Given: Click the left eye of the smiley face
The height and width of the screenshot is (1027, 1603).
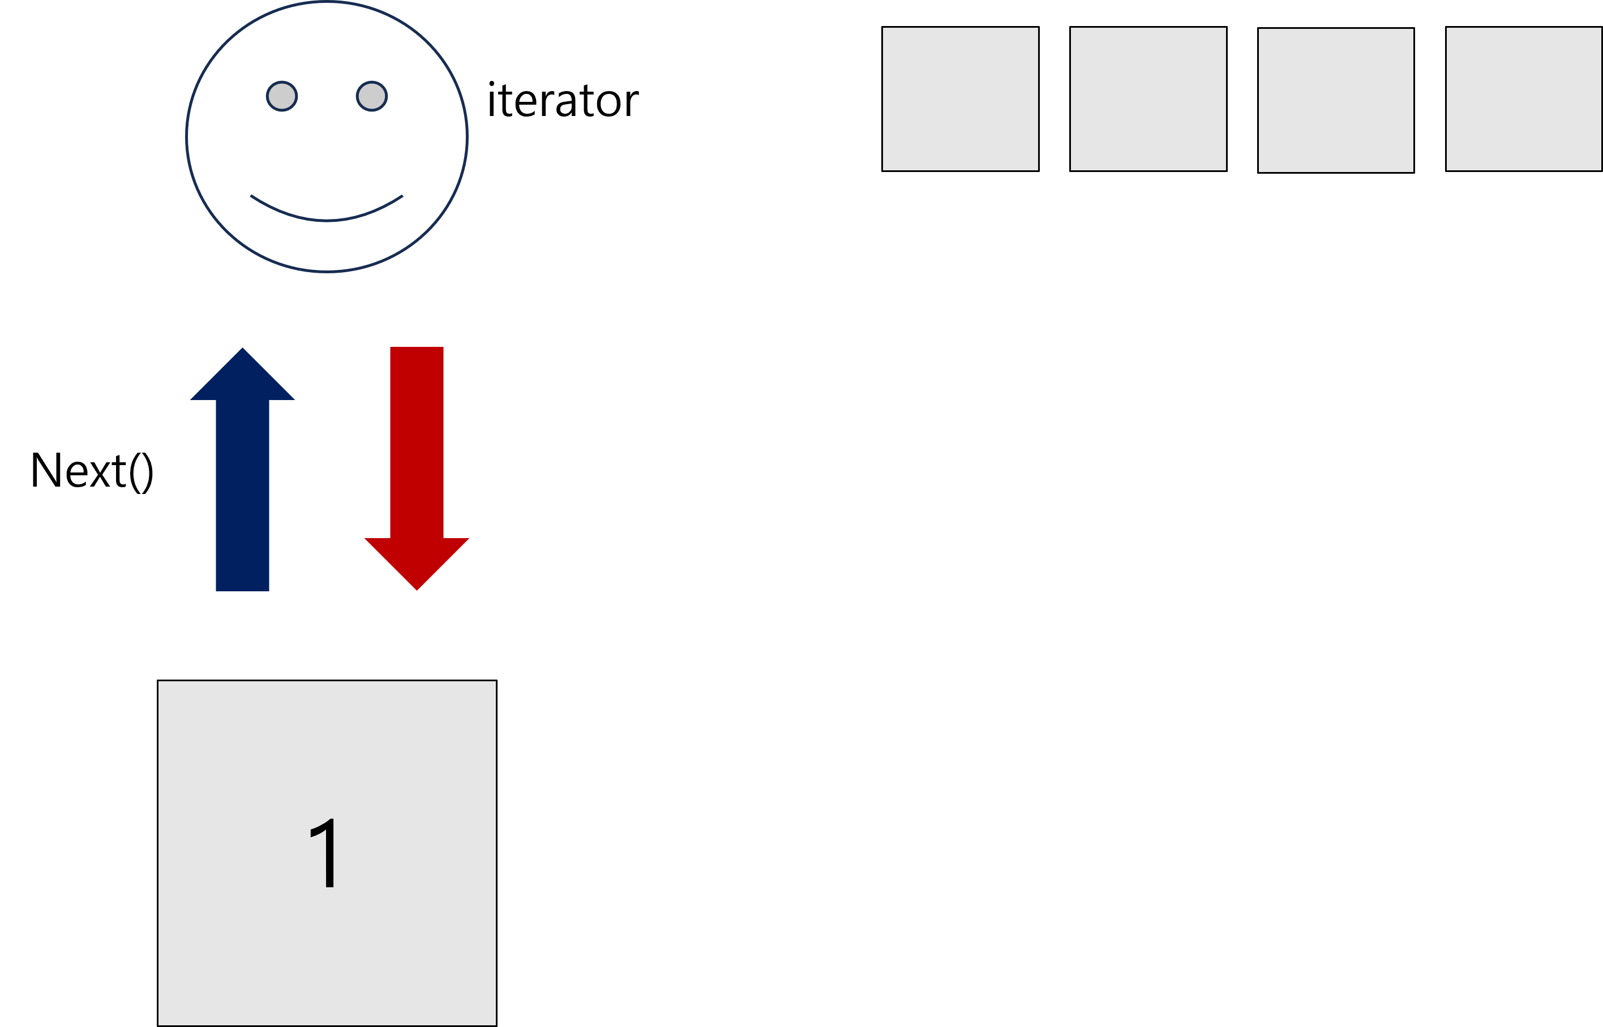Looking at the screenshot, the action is (x=281, y=97).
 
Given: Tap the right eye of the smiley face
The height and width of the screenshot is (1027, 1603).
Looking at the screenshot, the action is (x=371, y=96).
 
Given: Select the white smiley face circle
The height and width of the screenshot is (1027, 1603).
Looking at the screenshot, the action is (x=326, y=153).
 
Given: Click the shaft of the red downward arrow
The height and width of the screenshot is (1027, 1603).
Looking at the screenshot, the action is (x=417, y=440).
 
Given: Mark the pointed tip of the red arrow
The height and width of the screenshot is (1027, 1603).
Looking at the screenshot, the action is (x=417, y=591).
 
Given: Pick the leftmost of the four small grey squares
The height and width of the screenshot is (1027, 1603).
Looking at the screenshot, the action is (x=960, y=98).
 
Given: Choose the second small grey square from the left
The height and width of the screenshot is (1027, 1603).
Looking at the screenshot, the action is (x=1148, y=98).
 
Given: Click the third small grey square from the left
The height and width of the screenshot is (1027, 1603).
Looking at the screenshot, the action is (x=1335, y=100).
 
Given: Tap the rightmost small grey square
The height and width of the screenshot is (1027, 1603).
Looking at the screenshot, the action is (x=1524, y=98).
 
